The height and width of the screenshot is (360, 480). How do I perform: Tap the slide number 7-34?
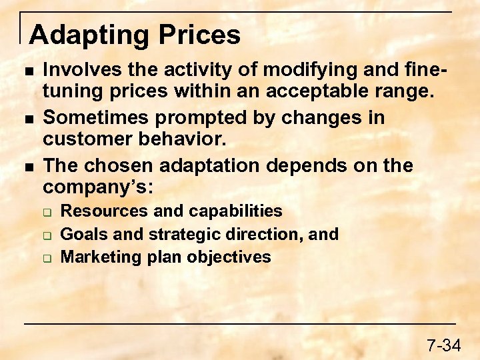443,345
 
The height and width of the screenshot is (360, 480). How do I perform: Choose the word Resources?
104,211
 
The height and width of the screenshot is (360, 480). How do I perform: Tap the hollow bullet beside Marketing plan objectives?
49,257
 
